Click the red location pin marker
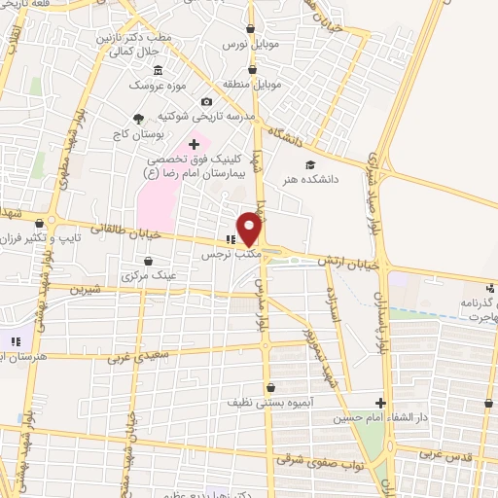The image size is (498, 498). (250, 227)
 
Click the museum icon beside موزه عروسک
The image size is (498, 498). (159, 71)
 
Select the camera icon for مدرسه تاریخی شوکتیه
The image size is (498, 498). (205, 101)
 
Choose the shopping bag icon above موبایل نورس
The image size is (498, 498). (253, 29)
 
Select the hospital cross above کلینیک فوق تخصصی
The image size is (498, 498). (195, 144)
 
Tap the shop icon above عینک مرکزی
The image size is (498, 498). (148, 261)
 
